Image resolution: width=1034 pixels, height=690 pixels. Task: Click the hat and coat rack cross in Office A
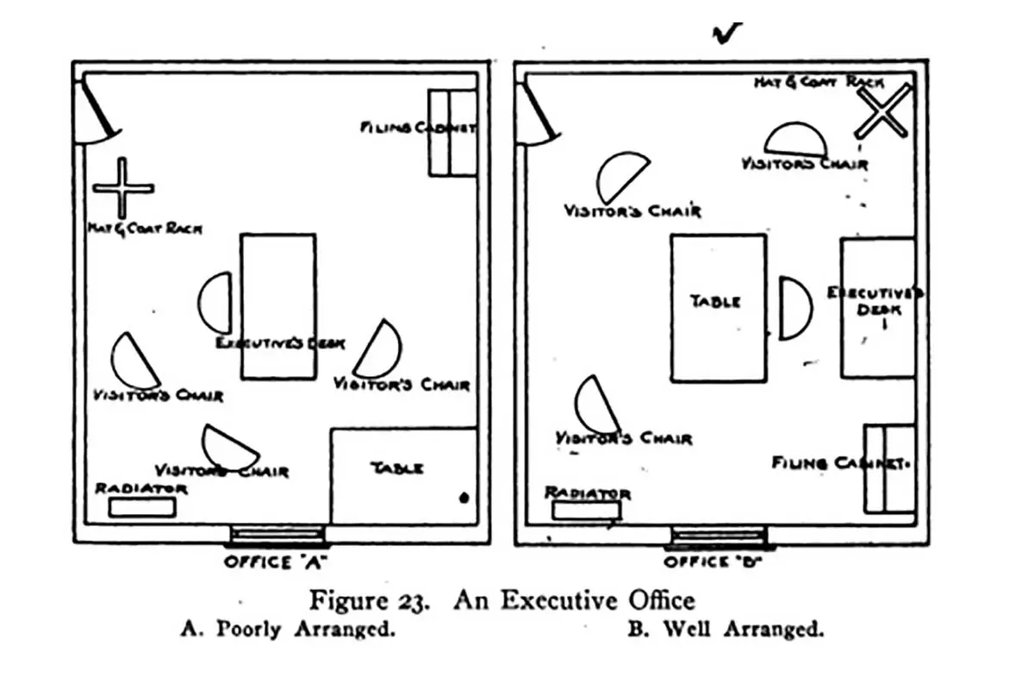(x=123, y=188)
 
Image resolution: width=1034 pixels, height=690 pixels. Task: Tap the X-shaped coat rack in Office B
(x=882, y=111)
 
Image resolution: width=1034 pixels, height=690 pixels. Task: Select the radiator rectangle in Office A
(x=142, y=507)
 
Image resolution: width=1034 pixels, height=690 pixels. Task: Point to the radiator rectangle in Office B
(x=586, y=510)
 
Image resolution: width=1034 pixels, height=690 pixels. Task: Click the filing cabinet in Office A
(x=452, y=133)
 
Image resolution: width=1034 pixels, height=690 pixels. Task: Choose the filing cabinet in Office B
(x=889, y=467)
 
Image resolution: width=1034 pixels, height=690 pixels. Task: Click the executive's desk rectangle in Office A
(x=277, y=306)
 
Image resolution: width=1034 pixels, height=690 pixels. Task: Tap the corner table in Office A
(x=403, y=475)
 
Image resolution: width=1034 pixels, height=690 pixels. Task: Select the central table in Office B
(x=718, y=308)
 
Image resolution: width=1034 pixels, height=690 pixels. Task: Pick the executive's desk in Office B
(x=877, y=308)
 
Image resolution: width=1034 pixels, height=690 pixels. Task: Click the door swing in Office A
(x=97, y=112)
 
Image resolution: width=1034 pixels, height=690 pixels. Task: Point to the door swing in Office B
(x=538, y=115)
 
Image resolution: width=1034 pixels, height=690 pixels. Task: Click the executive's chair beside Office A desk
(x=217, y=302)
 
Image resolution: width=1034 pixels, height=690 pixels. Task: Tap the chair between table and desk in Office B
(x=794, y=308)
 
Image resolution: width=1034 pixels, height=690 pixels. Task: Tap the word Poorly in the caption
(x=248, y=629)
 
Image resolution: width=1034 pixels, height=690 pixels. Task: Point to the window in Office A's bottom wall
(x=277, y=536)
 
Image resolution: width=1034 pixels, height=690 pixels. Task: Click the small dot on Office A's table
(x=464, y=498)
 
